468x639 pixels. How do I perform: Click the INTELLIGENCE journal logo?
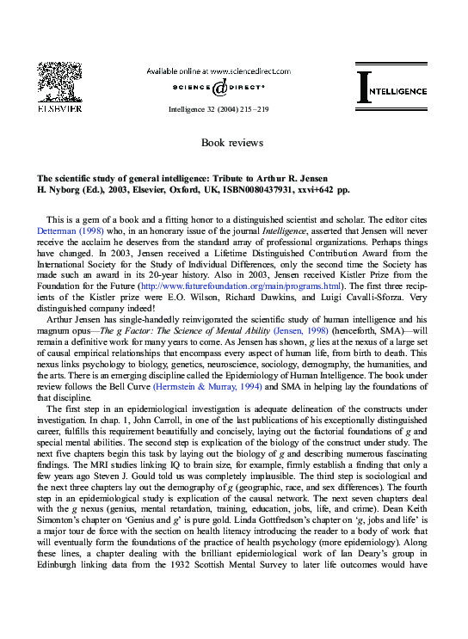(x=391, y=89)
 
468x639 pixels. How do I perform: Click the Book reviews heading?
(x=232, y=142)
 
